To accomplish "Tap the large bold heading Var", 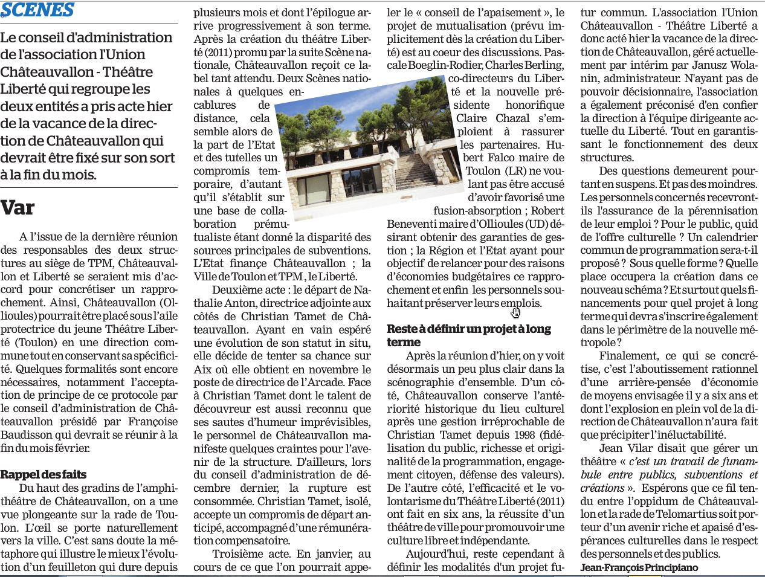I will [18, 208].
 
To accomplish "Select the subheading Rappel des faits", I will [44, 474].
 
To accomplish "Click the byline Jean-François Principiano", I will [639, 567].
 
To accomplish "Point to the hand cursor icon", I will [515, 312].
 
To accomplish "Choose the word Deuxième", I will [241, 289].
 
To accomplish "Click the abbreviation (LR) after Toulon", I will [515, 171].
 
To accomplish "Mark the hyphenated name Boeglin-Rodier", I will [445, 65].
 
